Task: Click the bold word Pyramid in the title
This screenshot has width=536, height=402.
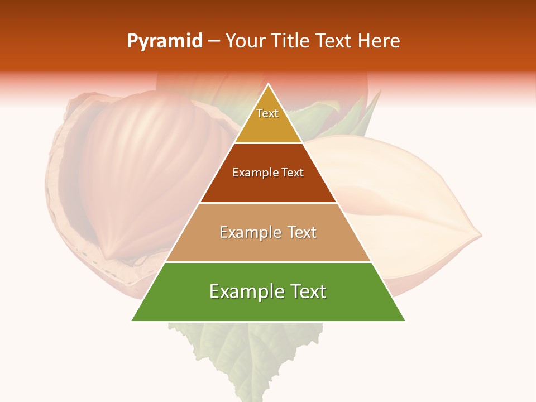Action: (164, 41)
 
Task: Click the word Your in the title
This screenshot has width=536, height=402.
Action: (245, 41)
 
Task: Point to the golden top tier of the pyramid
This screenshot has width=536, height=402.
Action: (268, 120)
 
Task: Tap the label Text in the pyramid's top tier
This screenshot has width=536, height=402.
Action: (267, 113)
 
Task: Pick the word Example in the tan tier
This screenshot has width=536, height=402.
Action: (246, 232)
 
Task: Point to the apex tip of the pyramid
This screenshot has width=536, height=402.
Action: (269, 84)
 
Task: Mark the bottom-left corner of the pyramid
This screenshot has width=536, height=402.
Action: (132, 320)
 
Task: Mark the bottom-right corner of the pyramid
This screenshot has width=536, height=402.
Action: (405, 320)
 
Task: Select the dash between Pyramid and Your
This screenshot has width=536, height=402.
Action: (214, 41)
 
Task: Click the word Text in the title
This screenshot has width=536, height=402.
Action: (334, 41)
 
